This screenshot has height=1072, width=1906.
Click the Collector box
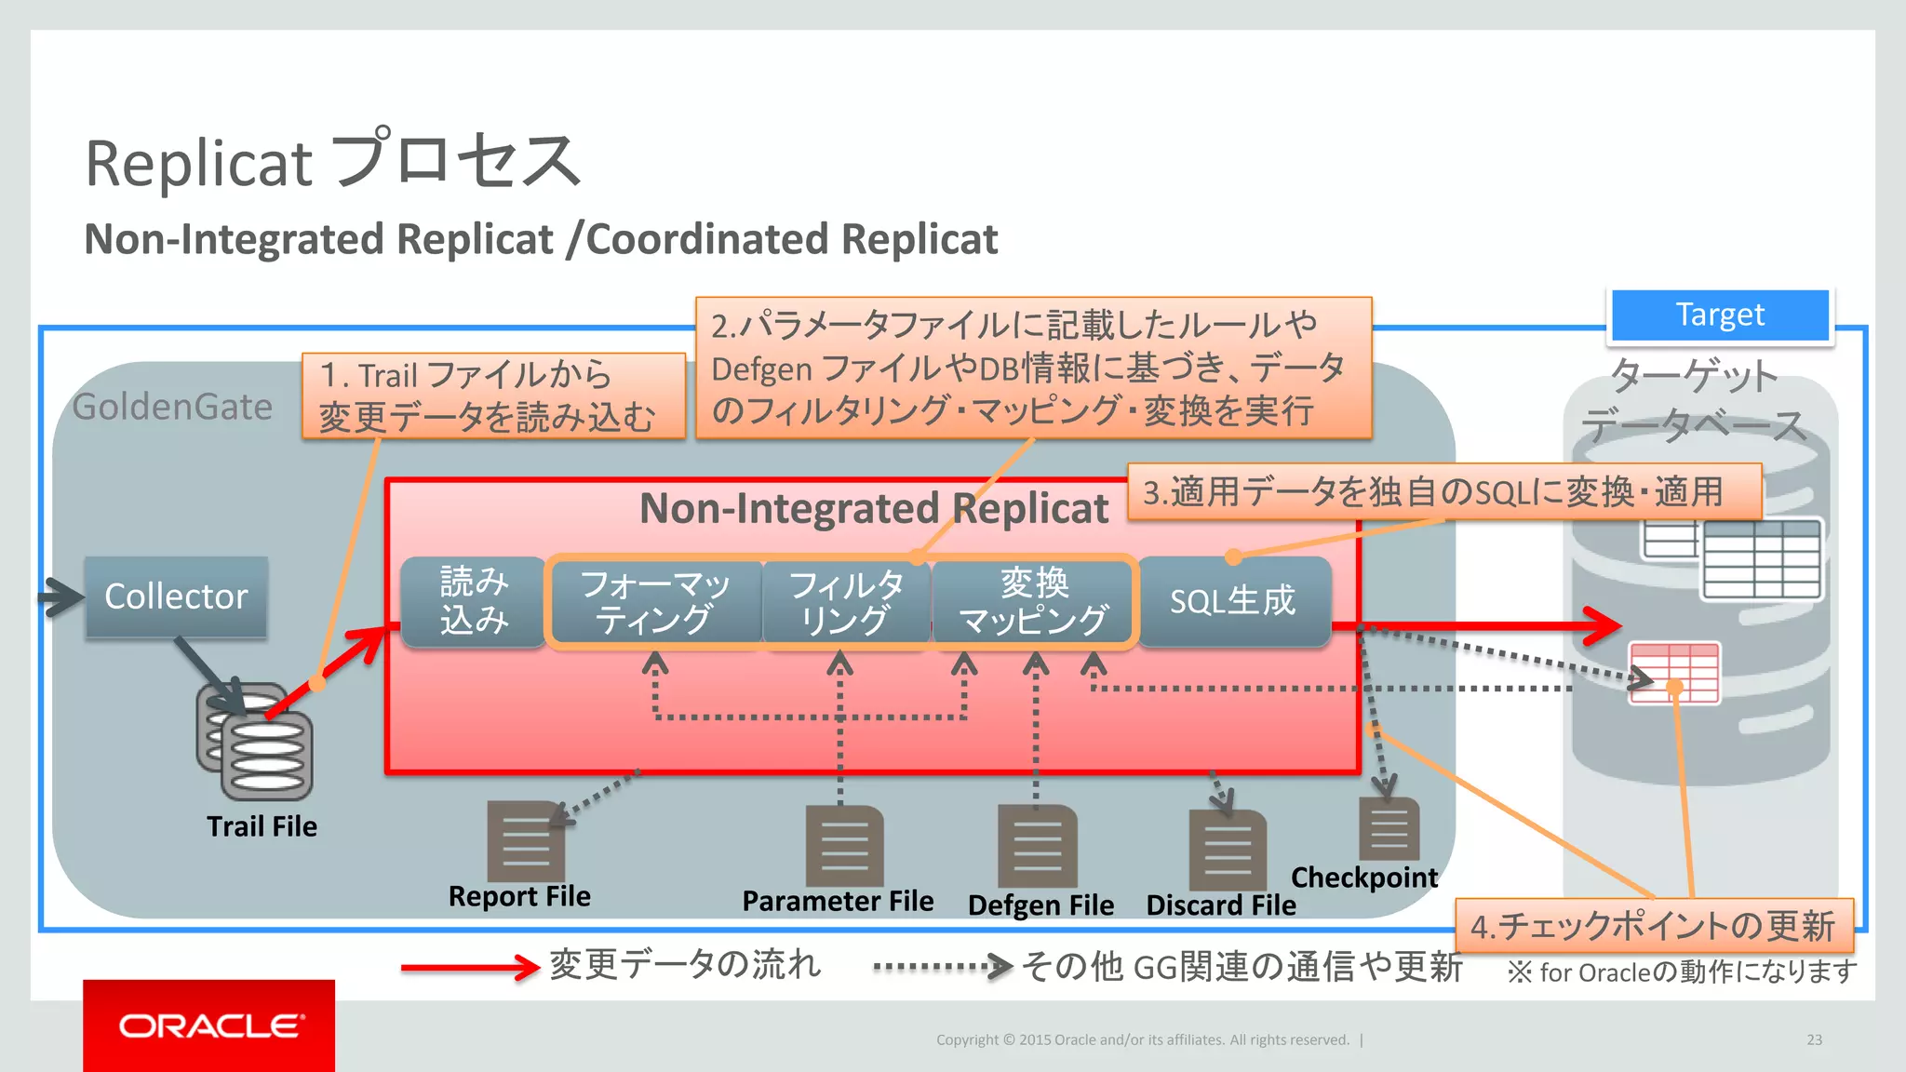176,596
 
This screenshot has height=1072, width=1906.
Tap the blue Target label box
1720,315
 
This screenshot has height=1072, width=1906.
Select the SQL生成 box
1233,601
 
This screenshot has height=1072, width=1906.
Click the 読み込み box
474,601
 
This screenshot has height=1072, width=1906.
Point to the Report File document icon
525,840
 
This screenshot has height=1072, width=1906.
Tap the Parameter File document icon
844,845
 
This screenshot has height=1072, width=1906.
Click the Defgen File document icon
1037,846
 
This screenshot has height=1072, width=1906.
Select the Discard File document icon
1228,851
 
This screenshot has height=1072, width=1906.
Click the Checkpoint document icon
1389,828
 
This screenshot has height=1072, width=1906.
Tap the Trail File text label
262,826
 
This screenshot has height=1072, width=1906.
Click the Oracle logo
209,1025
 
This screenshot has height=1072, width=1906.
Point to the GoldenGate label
172,407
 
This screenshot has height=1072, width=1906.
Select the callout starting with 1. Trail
493,395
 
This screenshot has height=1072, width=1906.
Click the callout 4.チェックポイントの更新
1654,925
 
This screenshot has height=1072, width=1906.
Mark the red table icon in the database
1673,672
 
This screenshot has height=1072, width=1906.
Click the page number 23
1814,1039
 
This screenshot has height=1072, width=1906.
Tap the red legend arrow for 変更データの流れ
469,968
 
